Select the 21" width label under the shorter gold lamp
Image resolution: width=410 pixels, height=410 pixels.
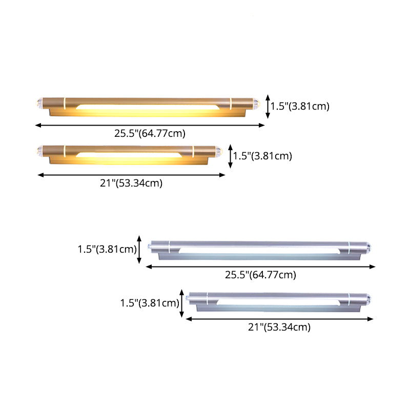click(131, 183)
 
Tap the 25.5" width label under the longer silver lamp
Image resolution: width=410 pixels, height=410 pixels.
click(260, 275)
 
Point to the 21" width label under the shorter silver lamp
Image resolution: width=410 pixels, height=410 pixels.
click(279, 327)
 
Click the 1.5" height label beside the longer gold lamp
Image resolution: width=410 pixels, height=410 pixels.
click(300, 107)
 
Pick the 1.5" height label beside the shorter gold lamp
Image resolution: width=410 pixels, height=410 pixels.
click(262, 156)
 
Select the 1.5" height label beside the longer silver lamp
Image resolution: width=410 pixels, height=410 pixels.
click(107, 250)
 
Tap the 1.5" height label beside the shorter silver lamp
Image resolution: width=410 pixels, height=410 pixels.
click(149, 302)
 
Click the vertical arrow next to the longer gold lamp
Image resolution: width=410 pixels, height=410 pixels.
click(268, 107)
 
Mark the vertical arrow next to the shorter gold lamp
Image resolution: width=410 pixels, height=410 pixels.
click(231, 156)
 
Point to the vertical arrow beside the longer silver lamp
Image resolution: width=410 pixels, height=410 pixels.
click(139, 250)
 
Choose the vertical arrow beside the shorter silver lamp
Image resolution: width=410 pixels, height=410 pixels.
click(181, 302)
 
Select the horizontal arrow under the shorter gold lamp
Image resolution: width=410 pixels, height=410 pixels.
click(131, 175)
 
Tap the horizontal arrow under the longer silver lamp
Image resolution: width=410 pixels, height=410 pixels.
click(260, 266)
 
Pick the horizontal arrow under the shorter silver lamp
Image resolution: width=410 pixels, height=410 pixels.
click(279, 318)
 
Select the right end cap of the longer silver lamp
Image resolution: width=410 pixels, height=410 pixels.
click(371, 247)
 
